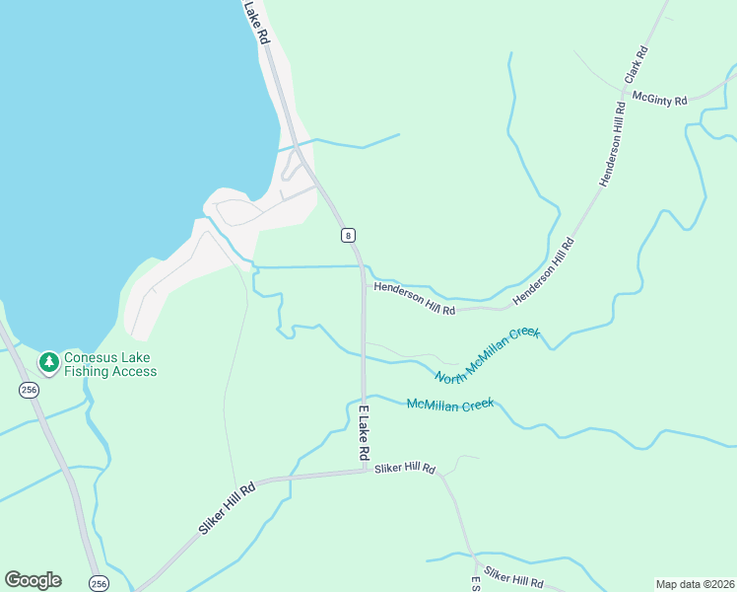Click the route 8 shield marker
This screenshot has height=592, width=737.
click(x=348, y=235)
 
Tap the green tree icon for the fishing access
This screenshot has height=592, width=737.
click(x=48, y=363)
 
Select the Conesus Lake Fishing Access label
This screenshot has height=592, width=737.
click(x=110, y=364)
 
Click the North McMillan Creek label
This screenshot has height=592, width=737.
click(x=488, y=354)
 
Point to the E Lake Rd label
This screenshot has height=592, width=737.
click(x=363, y=432)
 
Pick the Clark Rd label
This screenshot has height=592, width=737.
click(x=636, y=64)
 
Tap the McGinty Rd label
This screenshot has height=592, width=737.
click(x=659, y=98)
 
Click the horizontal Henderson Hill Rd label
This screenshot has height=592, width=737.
click(x=413, y=298)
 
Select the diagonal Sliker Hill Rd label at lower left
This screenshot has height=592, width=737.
click(x=227, y=507)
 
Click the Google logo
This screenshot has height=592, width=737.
click(x=33, y=580)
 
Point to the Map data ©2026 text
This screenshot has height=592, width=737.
click(x=695, y=584)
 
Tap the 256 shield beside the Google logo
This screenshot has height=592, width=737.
click(x=97, y=583)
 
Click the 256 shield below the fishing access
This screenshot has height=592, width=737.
click(x=28, y=391)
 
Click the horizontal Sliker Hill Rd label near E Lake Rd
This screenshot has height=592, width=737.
click(x=404, y=468)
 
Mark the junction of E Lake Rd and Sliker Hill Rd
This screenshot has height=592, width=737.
click(x=365, y=472)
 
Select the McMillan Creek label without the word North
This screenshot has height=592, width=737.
click(x=450, y=404)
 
